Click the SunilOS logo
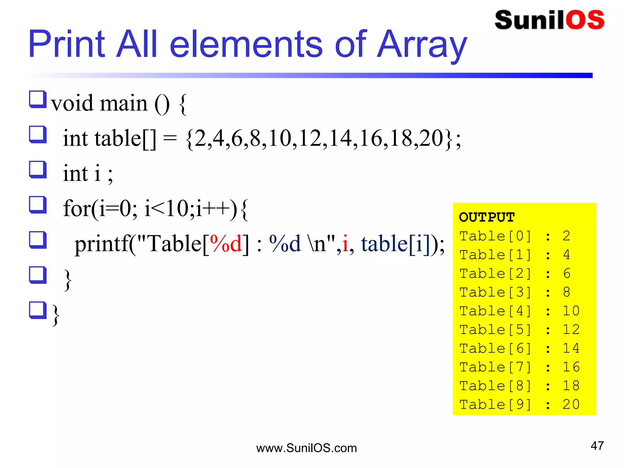click(x=549, y=20)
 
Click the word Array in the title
click(x=422, y=45)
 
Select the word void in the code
click(x=72, y=103)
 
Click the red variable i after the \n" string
click(x=345, y=244)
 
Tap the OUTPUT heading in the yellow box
click(x=487, y=217)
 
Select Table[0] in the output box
click(x=495, y=236)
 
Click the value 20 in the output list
click(x=571, y=405)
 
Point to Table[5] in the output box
click(x=495, y=330)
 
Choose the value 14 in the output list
click(x=571, y=349)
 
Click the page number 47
click(x=597, y=446)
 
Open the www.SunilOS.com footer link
click(x=307, y=448)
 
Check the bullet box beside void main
click(x=38, y=100)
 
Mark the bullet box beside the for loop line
click(x=38, y=205)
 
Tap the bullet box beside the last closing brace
click(x=38, y=310)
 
